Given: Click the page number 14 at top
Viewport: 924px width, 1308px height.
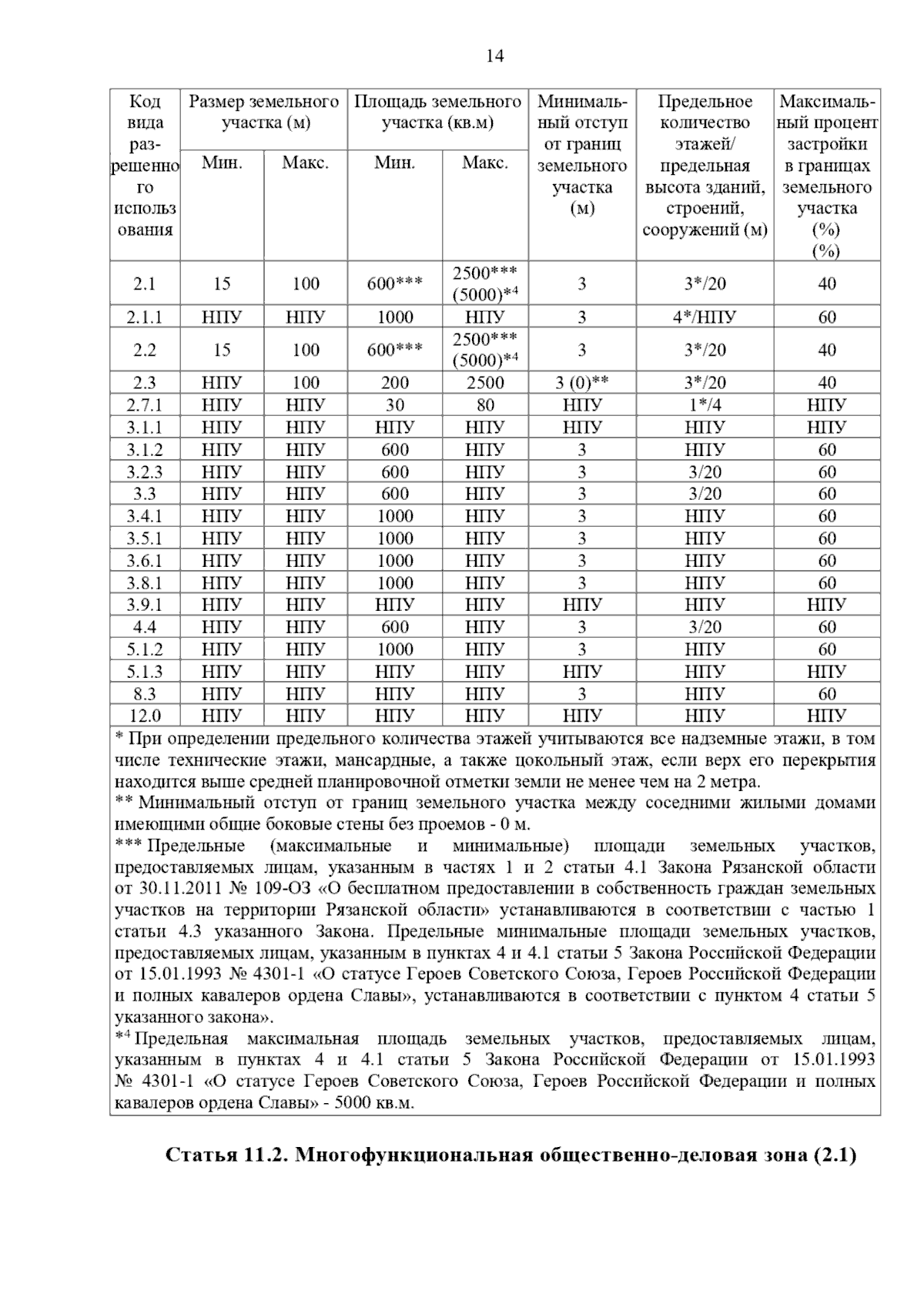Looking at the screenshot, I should point(495,56).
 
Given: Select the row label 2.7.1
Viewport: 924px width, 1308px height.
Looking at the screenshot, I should point(144,405).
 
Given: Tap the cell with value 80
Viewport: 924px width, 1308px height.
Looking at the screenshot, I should point(485,405).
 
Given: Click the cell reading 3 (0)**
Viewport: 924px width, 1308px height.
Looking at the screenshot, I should point(581,383).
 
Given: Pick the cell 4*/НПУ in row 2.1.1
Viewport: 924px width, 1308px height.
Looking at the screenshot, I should point(705,317).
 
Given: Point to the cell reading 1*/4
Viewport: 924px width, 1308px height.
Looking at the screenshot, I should point(705,405).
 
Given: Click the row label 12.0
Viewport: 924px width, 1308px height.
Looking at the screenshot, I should point(144,716).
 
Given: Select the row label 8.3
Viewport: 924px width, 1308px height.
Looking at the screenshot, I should point(144,694).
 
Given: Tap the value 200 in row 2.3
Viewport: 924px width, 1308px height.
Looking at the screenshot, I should point(394,383).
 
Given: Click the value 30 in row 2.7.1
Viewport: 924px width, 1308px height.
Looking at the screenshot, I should point(394,405).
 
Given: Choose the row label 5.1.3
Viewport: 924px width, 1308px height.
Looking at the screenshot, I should point(144,672).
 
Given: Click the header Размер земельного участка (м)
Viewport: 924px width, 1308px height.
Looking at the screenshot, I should point(264,112).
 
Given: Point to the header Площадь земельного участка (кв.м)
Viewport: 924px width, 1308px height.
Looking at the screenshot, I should point(437,112).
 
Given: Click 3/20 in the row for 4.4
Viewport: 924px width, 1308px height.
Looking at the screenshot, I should point(705,627).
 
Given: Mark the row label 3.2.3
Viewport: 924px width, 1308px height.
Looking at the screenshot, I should point(144,472).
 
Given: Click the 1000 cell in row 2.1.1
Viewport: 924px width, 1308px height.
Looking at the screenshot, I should point(394,317).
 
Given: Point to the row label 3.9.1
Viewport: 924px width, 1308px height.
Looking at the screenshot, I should point(144,605).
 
